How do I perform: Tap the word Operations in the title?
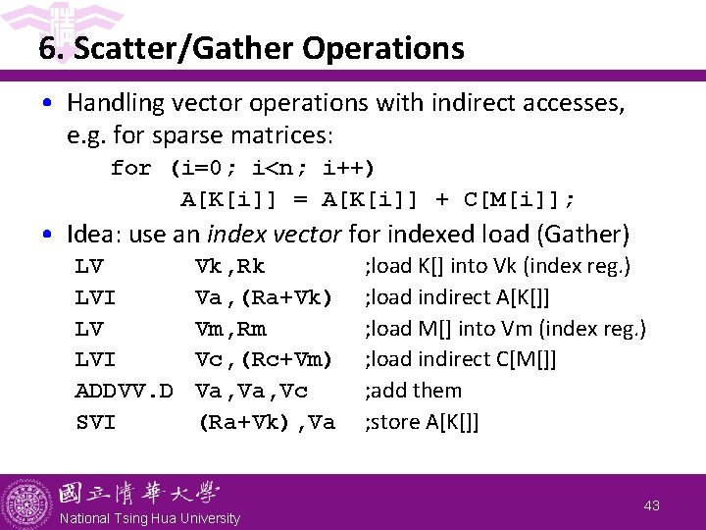click(385, 47)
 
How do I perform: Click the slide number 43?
click(652, 505)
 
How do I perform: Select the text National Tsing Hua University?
click(150, 518)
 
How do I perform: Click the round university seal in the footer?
click(27, 503)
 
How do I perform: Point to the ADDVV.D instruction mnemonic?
click(125, 391)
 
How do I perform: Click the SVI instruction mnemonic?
click(95, 422)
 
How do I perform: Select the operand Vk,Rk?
click(230, 266)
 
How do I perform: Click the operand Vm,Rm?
click(230, 328)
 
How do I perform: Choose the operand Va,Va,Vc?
click(252, 391)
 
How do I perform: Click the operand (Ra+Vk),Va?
click(267, 422)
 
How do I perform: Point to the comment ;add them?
click(413, 391)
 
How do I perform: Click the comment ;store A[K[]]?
click(423, 422)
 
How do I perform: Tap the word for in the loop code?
click(131, 168)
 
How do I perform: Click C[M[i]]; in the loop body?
click(519, 199)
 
